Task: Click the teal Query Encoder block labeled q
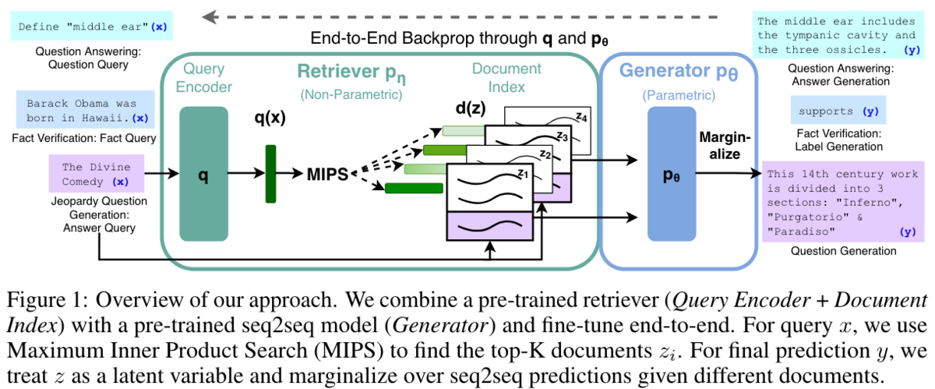tap(203, 174)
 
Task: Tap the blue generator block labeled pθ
tap(672, 174)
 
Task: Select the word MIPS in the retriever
tap(327, 175)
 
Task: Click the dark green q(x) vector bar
tap(270, 174)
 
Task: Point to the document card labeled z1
tap(489, 202)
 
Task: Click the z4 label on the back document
tap(581, 117)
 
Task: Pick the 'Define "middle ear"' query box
tap(91, 26)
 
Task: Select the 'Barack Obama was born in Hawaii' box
tap(85, 109)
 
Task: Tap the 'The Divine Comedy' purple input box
tap(97, 173)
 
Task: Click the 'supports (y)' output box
tap(838, 110)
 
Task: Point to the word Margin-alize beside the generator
tap(725, 146)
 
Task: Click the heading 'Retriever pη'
tap(351, 72)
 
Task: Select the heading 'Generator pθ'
tap(679, 72)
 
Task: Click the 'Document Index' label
tap(506, 78)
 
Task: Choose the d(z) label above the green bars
tap(471, 108)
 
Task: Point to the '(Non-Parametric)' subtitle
tap(351, 95)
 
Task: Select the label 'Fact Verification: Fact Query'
tap(84, 138)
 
